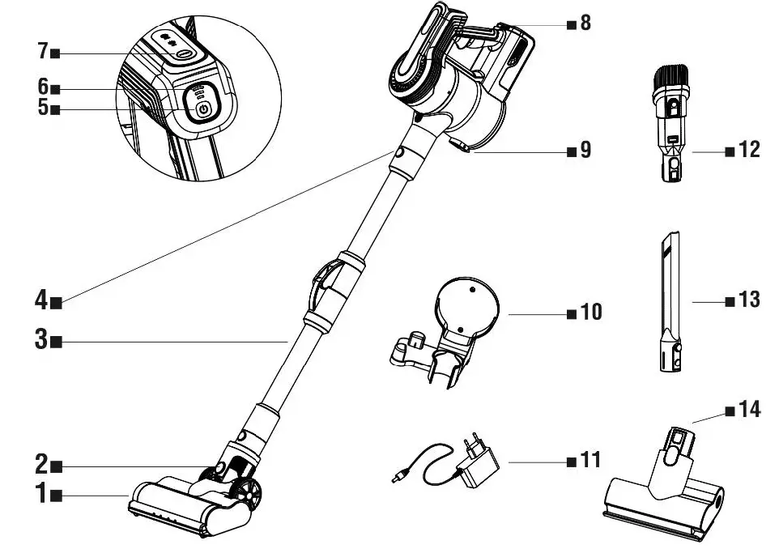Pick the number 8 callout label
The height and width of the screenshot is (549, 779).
(585, 22)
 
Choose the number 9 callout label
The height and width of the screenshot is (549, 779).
(585, 151)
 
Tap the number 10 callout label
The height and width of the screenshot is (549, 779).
(591, 312)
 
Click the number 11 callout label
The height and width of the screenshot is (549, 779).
(591, 460)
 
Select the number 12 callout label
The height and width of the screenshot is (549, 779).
(749, 151)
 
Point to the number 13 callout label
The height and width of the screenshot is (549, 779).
(749, 300)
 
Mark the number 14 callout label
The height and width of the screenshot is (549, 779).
(749, 410)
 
